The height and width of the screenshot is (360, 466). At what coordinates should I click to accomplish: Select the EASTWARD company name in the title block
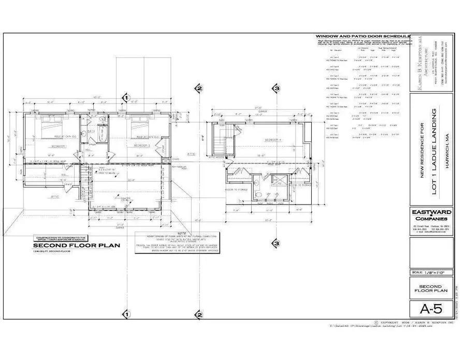[x=431, y=212]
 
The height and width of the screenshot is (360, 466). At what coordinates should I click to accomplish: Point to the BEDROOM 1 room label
[x=59, y=146]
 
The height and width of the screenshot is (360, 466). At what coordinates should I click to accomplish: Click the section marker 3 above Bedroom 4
[x=276, y=89]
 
